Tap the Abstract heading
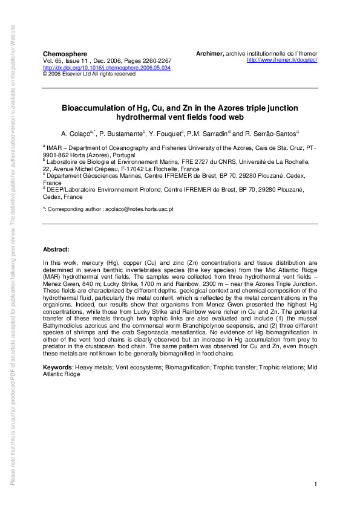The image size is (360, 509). pyautogui.click(x=56, y=250)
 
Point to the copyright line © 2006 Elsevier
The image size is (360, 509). pyautogui.click(x=89, y=74)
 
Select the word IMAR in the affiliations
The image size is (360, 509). pyautogui.click(x=55, y=148)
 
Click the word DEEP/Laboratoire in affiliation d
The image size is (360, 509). pyautogui.click(x=69, y=189)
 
